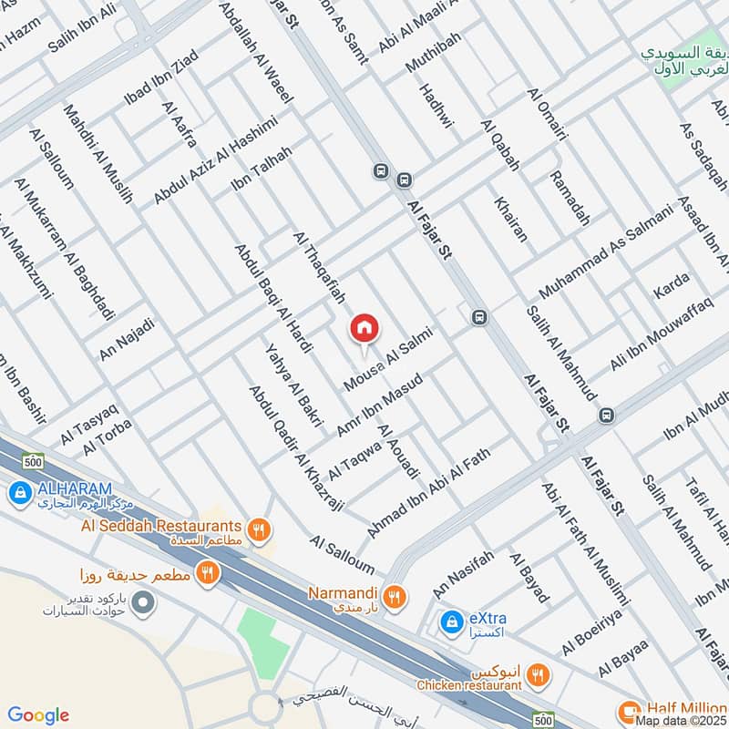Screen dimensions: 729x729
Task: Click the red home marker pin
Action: pyautogui.click(x=364, y=329)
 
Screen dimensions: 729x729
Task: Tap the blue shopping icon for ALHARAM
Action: pyautogui.click(x=18, y=493)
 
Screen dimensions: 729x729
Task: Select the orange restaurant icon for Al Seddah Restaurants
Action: pyautogui.click(x=260, y=528)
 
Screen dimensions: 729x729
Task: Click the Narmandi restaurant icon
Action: pyautogui.click(x=395, y=597)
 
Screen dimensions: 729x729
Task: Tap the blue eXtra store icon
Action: pyautogui.click(x=450, y=621)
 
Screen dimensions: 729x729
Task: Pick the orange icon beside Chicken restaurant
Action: pyautogui.click(x=539, y=674)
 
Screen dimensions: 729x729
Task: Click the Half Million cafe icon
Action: pyautogui.click(x=628, y=711)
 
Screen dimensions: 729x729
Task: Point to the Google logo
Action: pyautogui.click(x=38, y=715)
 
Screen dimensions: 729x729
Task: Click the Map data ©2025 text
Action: pyautogui.click(x=682, y=721)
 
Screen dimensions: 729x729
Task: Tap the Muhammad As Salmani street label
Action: pyautogui.click(x=604, y=252)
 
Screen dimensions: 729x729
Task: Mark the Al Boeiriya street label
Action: pyautogui.click(x=592, y=635)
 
